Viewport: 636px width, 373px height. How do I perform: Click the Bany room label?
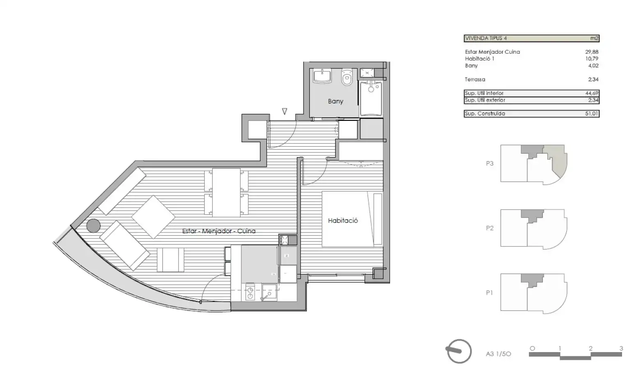pos(336,101)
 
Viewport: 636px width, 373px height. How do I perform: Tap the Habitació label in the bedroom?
pos(343,221)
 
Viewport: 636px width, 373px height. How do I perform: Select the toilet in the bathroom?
pos(347,77)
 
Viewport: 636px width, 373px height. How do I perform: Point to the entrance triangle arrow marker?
pos(284,111)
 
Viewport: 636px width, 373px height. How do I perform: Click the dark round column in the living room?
pos(94,226)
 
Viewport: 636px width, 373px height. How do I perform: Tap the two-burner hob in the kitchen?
pos(250,292)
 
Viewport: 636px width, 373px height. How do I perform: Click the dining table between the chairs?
pos(226,192)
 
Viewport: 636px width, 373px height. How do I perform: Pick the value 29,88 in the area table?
pos(592,52)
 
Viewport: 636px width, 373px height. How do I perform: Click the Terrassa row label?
pos(475,80)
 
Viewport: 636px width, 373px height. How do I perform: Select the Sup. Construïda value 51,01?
pos(592,114)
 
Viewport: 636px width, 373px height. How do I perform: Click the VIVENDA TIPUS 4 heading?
pos(486,38)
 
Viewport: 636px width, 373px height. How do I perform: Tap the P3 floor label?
pos(490,164)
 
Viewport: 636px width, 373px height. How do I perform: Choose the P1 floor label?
pos(490,293)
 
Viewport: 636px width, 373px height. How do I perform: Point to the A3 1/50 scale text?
pos(498,354)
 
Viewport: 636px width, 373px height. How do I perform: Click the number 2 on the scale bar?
pos(590,348)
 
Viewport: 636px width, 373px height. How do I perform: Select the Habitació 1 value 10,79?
pos(592,59)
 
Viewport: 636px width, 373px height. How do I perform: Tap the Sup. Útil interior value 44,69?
pos(592,93)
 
